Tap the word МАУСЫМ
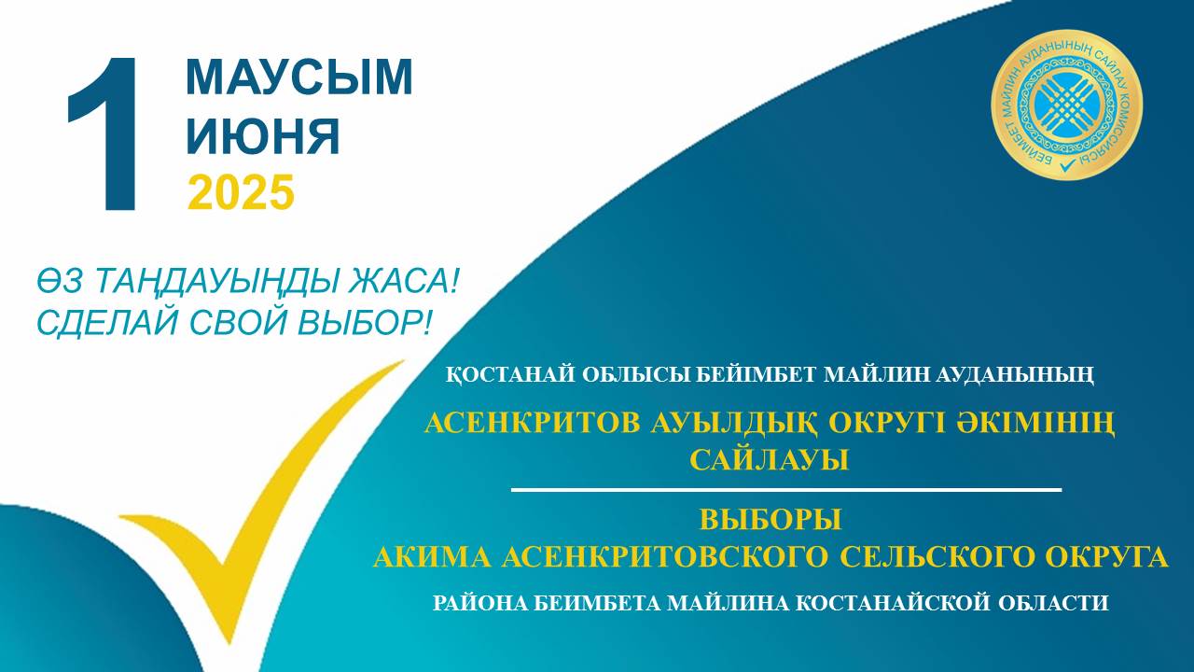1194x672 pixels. tap(299, 77)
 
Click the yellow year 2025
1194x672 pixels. tap(241, 191)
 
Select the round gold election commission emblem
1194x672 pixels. tap(1066, 105)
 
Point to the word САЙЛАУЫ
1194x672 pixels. tap(770, 460)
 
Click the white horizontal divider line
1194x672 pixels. tap(786, 489)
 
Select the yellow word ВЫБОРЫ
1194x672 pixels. tap(771, 519)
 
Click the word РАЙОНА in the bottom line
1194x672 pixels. tap(479, 603)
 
